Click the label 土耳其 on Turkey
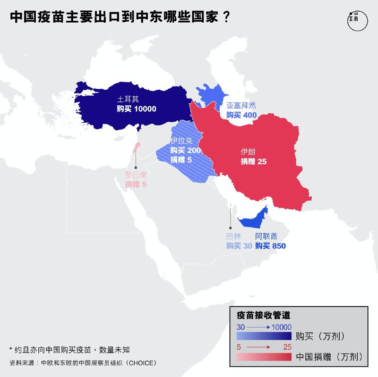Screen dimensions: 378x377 [126, 100]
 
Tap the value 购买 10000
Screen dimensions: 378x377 [137, 109]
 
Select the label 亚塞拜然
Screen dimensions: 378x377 [241, 105]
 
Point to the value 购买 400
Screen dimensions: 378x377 [241, 115]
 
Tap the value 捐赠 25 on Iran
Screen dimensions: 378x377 [254, 161]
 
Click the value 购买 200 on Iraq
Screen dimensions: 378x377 [186, 151]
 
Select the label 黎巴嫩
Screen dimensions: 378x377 [136, 175]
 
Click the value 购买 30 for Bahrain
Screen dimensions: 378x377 [239, 246]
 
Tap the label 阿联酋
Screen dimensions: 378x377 [267, 236]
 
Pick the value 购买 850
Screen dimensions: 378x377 [270, 246]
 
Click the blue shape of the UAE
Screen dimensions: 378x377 [255, 220]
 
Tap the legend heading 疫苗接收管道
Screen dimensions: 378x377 [263, 315]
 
